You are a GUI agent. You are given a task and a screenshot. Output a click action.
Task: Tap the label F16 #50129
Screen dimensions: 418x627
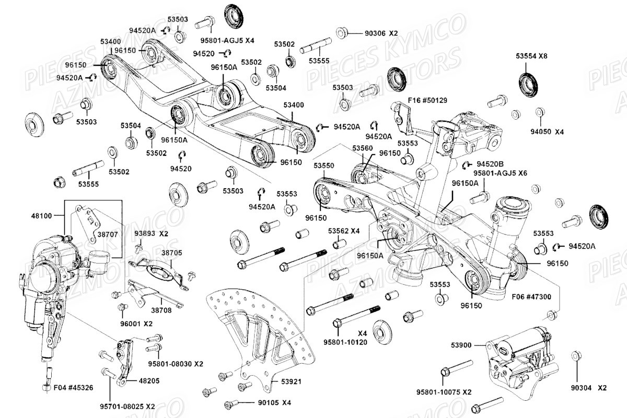pyautogui.click(x=428, y=99)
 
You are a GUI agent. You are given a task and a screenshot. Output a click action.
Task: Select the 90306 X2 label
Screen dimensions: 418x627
pyautogui.click(x=381, y=33)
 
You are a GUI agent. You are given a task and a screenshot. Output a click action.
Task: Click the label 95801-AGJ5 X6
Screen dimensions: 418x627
pyautogui.click(x=500, y=172)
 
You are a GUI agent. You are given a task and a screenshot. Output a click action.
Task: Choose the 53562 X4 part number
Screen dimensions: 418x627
pyautogui.click(x=344, y=230)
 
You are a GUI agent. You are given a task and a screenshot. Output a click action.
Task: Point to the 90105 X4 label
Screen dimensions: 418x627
pyautogui.click(x=274, y=403)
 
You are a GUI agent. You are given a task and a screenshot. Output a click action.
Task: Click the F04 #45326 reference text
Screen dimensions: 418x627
pyautogui.click(x=73, y=388)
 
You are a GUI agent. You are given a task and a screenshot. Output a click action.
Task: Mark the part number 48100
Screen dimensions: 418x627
pyautogui.click(x=42, y=215)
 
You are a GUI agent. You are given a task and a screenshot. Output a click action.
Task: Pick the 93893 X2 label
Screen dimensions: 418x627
pyautogui.click(x=151, y=233)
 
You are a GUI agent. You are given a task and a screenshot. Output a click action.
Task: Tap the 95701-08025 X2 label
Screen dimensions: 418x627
pyautogui.click(x=129, y=406)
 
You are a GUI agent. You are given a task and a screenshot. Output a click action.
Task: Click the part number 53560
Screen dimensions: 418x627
pyautogui.click(x=362, y=149)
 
